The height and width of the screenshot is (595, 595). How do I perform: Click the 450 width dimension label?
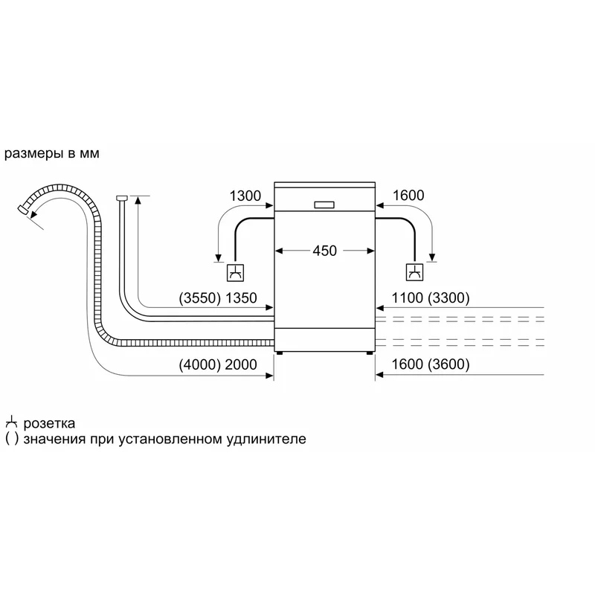(x=324, y=251)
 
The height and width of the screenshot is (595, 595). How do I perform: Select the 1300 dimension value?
(x=245, y=196)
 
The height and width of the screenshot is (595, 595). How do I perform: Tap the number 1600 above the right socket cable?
(x=408, y=195)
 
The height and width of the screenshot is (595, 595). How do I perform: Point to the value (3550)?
(x=199, y=298)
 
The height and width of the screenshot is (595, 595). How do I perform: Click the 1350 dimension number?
(x=241, y=298)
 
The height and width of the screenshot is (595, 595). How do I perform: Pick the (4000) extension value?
(x=199, y=364)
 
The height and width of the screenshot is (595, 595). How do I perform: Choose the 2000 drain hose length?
(x=241, y=364)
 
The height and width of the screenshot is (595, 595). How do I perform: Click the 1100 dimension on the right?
(x=407, y=298)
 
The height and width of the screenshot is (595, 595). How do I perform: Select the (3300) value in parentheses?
(x=448, y=298)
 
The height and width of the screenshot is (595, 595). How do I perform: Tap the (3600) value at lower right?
(x=448, y=364)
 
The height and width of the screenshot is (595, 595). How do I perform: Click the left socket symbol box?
(x=235, y=272)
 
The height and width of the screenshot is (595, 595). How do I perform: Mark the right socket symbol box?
(x=414, y=272)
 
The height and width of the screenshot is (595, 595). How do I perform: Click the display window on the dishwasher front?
(x=324, y=205)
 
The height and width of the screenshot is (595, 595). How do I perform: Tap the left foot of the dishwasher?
(x=280, y=353)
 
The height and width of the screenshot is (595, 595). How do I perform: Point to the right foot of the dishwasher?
(x=369, y=353)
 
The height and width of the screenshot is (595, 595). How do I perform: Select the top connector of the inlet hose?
(x=122, y=198)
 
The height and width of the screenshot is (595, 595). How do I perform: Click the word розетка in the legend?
(x=49, y=423)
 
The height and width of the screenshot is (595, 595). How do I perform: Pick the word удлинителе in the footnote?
(x=266, y=439)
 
